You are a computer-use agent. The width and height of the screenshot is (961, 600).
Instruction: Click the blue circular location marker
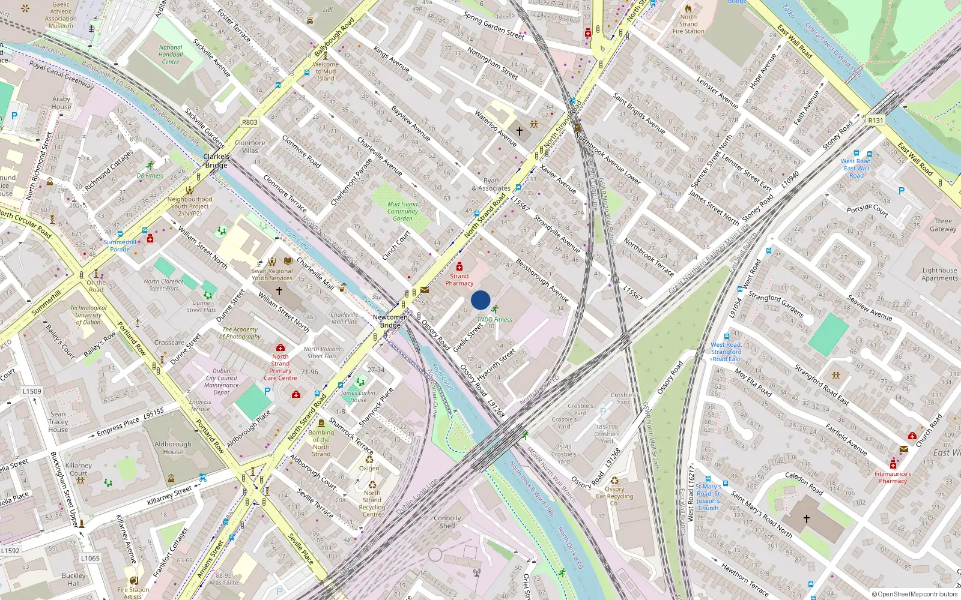click(x=480, y=300)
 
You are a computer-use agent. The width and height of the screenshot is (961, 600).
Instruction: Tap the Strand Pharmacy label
click(x=459, y=280)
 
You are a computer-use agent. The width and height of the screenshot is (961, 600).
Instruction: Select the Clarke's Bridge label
click(x=216, y=161)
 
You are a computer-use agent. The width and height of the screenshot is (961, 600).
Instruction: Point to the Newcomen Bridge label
click(x=390, y=321)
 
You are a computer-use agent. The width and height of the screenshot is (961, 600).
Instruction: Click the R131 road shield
click(x=876, y=121)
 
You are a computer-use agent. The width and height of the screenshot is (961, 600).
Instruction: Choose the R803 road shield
click(x=250, y=122)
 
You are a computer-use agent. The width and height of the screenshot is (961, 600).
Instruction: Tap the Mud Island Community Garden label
click(x=402, y=211)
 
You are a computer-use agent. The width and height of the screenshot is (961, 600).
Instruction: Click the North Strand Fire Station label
click(x=688, y=24)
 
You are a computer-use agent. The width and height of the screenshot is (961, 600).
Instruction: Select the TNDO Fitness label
click(x=495, y=319)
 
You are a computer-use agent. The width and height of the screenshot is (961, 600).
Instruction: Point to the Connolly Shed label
click(x=447, y=522)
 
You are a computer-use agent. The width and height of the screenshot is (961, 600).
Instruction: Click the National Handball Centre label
click(x=171, y=55)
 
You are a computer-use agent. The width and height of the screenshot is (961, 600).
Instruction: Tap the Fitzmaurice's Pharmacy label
click(x=893, y=477)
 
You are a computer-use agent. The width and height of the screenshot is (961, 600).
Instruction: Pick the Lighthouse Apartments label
click(x=939, y=274)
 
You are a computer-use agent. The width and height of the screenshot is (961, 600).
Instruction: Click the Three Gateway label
click(x=943, y=225)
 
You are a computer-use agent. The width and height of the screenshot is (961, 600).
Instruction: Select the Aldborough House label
click(x=173, y=448)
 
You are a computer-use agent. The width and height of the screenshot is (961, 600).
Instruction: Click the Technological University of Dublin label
click(x=88, y=315)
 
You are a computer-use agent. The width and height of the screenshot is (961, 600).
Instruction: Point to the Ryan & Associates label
click(x=491, y=184)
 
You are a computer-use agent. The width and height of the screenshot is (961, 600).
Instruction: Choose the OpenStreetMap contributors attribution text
click(x=915, y=594)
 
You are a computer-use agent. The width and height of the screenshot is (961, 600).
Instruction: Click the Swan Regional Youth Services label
click(x=272, y=274)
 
